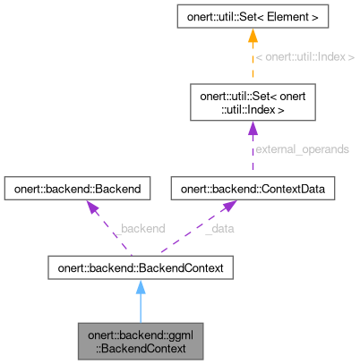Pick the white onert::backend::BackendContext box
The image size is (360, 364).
click(x=140, y=267)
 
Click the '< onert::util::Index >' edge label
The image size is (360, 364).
click(x=304, y=58)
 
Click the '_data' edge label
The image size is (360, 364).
click(x=220, y=229)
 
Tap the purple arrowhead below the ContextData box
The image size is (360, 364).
click(x=229, y=207)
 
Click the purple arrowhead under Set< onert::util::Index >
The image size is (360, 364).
click(x=252, y=131)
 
